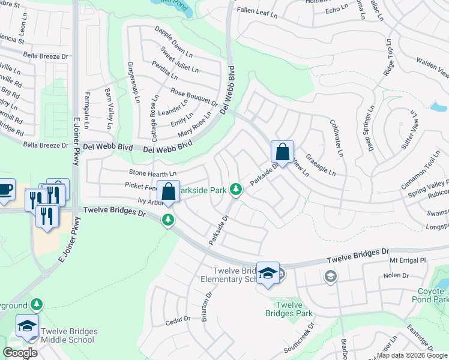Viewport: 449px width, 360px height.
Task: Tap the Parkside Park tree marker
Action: (x=236, y=190)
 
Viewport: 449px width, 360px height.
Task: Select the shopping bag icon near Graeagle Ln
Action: (x=282, y=152)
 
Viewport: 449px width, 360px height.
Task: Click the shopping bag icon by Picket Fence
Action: (x=169, y=192)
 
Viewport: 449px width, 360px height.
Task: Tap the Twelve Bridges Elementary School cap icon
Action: (x=268, y=274)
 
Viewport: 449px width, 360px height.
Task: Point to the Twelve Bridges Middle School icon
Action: (x=27, y=326)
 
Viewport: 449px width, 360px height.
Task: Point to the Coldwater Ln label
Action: (x=336, y=138)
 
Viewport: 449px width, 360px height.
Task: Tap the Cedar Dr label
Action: (x=178, y=321)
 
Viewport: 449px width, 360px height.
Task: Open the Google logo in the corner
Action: (x=20, y=353)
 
